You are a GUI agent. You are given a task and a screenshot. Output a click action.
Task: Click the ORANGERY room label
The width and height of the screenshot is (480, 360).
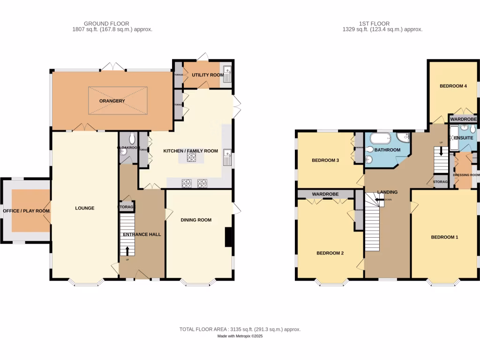[112, 101]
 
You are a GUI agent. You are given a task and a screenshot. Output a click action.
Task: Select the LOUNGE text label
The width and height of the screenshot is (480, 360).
[84, 208]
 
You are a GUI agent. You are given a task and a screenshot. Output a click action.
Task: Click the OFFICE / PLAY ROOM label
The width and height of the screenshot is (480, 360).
[26, 211]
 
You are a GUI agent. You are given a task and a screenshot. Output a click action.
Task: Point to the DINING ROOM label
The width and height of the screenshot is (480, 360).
[196, 220]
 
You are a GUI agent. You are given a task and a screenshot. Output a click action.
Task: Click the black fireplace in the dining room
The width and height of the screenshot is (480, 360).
[228, 237]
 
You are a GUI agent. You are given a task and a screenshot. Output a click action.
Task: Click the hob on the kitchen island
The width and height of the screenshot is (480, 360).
[191, 158]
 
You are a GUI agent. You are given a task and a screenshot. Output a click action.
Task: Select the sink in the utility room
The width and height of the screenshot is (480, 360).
[227, 73]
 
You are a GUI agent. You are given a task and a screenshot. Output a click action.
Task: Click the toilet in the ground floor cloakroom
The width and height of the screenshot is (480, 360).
[132, 139]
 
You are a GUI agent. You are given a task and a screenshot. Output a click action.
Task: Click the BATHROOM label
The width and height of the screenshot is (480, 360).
[387, 150]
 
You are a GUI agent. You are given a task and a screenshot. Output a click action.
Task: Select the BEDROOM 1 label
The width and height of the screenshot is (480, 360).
[444, 237]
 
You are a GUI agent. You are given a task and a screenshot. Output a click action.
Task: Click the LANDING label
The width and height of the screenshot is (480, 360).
[388, 192]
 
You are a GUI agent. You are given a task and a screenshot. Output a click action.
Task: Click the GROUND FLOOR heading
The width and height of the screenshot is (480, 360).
[106, 23]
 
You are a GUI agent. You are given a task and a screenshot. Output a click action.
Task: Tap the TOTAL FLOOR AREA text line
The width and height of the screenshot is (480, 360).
[240, 330]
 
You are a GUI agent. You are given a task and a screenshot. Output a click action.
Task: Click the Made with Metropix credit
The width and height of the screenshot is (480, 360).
[240, 337]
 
